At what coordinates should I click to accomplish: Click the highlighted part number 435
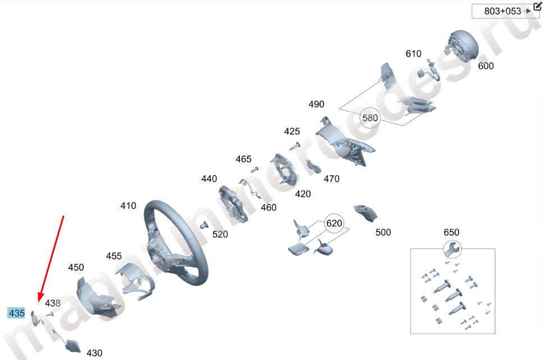tap(16, 313)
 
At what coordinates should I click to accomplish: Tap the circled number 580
tap(370, 118)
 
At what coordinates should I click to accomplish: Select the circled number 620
tap(334, 223)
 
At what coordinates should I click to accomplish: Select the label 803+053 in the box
tap(503, 11)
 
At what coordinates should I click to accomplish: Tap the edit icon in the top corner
tap(537, 7)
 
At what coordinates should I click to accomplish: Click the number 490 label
tap(316, 104)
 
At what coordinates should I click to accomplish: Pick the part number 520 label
tap(220, 234)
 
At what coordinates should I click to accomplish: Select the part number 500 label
tap(383, 232)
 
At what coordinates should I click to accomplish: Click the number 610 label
tap(413, 54)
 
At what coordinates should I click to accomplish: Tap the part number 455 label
tap(114, 256)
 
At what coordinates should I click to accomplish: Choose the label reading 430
tap(94, 353)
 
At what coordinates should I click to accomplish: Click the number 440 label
tap(209, 179)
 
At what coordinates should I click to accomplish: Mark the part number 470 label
tap(331, 179)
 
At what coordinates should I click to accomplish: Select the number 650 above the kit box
tap(451, 232)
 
